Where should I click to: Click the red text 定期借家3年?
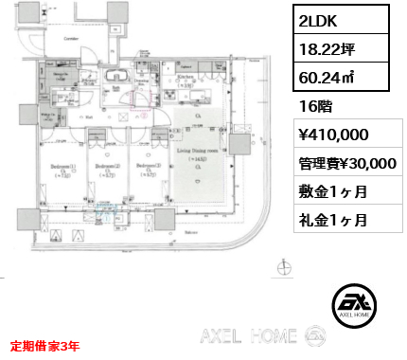[45, 346]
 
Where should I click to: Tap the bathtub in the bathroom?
[118, 78]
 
